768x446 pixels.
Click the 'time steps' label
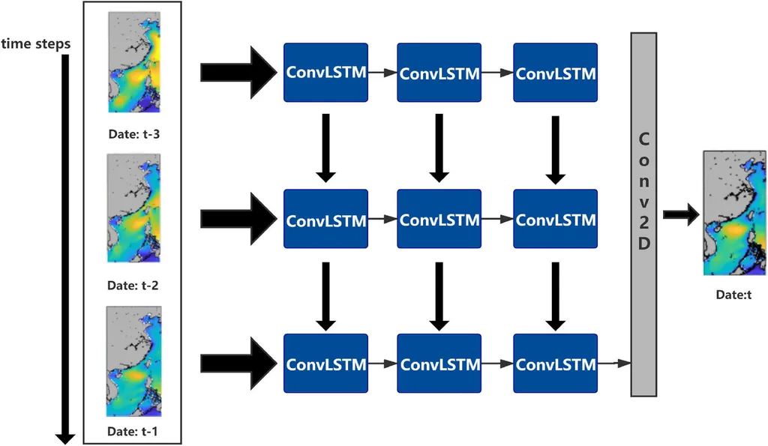click(36, 43)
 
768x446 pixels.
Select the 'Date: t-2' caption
click(133, 286)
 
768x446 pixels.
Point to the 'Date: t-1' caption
click(133, 432)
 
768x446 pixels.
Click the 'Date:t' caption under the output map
click(733, 295)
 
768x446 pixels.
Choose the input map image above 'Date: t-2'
click(134, 208)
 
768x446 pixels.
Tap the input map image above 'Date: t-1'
click(134, 361)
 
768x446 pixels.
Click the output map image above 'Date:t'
click(733, 213)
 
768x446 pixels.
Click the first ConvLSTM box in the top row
click(325, 73)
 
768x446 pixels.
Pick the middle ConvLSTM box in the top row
click(439, 73)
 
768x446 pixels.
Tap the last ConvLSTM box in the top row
click(556, 73)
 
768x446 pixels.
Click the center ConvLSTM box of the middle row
click(439, 220)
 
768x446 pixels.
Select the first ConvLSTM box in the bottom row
click(325, 364)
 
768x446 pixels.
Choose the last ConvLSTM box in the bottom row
click(556, 364)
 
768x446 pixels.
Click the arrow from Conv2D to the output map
click(680, 215)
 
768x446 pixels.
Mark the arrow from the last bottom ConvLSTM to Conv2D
click(614, 364)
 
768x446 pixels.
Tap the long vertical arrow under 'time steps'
click(66, 247)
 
